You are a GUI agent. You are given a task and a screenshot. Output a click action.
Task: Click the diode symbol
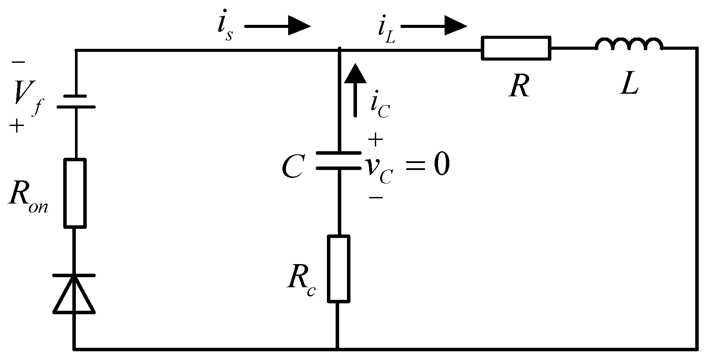pyautogui.click(x=74, y=294)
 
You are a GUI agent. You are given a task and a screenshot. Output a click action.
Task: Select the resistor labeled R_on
pyautogui.click(x=75, y=193)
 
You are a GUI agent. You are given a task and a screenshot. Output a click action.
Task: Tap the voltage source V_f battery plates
pyautogui.click(x=76, y=101)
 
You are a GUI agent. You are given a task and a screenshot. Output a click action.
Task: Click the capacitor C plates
pyautogui.click(x=338, y=160)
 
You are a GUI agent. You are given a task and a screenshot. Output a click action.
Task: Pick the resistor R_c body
pyautogui.click(x=338, y=268)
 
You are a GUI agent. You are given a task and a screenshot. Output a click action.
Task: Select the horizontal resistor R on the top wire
pyautogui.click(x=516, y=48)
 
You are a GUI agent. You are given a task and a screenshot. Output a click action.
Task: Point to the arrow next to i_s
pyautogui.click(x=277, y=26)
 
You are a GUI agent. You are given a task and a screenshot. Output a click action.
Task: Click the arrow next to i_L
pyautogui.click(x=433, y=26)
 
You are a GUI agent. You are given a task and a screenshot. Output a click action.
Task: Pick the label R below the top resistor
pyautogui.click(x=519, y=86)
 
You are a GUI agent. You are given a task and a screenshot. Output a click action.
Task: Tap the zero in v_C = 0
pyautogui.click(x=441, y=166)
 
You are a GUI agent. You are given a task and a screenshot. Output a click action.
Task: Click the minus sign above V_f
pyautogui.click(x=18, y=63)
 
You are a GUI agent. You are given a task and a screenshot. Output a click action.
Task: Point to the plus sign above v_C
pyautogui.click(x=375, y=140)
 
